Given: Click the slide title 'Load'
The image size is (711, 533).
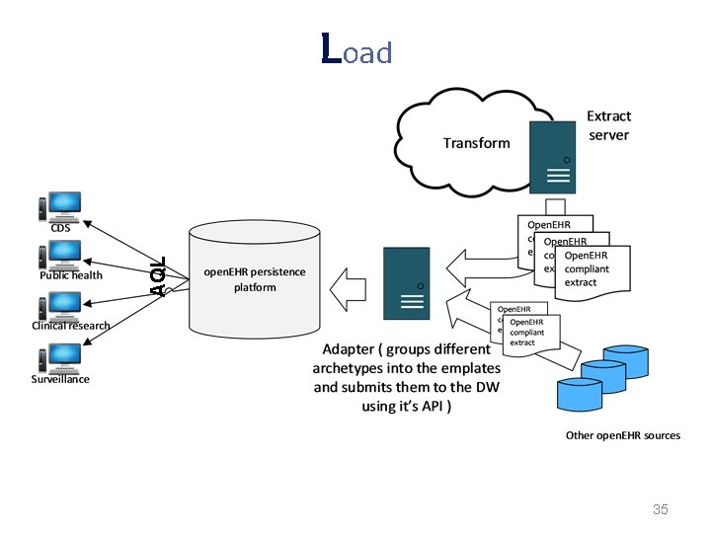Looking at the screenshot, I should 356,49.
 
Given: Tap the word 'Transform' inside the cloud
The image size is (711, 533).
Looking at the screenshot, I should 476,143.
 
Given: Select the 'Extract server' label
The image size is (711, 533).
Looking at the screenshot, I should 608,125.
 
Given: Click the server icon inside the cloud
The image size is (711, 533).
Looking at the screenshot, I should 554,157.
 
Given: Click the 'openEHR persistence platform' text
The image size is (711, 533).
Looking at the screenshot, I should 255,279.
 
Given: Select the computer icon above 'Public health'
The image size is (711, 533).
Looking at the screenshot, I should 62,255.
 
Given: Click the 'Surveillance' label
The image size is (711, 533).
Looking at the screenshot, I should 60,379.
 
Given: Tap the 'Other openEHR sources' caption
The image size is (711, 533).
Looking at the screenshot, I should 622,435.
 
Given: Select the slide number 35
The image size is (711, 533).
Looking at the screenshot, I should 661,509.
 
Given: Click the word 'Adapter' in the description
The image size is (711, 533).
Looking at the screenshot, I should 349,349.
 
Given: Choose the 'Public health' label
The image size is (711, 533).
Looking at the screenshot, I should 71,275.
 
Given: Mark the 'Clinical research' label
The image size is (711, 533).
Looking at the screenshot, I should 71,326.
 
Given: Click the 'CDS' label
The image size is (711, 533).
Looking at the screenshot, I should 61,226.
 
